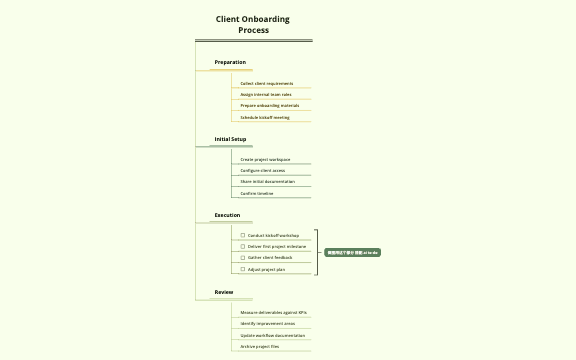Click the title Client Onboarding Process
(253, 24)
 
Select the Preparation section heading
(230, 62)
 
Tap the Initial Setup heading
(230, 139)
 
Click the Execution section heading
(227, 215)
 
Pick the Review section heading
(224, 292)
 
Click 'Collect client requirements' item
(266, 83)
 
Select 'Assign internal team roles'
(266, 94)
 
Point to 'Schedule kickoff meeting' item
(265, 117)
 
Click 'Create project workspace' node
(265, 159)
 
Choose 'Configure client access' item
(263, 170)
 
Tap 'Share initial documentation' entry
(267, 182)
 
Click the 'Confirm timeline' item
(257, 193)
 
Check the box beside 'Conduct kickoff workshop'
(243, 235)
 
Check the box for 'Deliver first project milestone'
(243, 246)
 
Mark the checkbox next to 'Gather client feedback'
(243, 257)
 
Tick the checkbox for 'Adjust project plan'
(243, 269)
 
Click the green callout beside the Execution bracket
(352, 252)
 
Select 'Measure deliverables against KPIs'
(273, 312)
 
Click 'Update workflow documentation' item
(273, 335)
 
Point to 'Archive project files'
(260, 346)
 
